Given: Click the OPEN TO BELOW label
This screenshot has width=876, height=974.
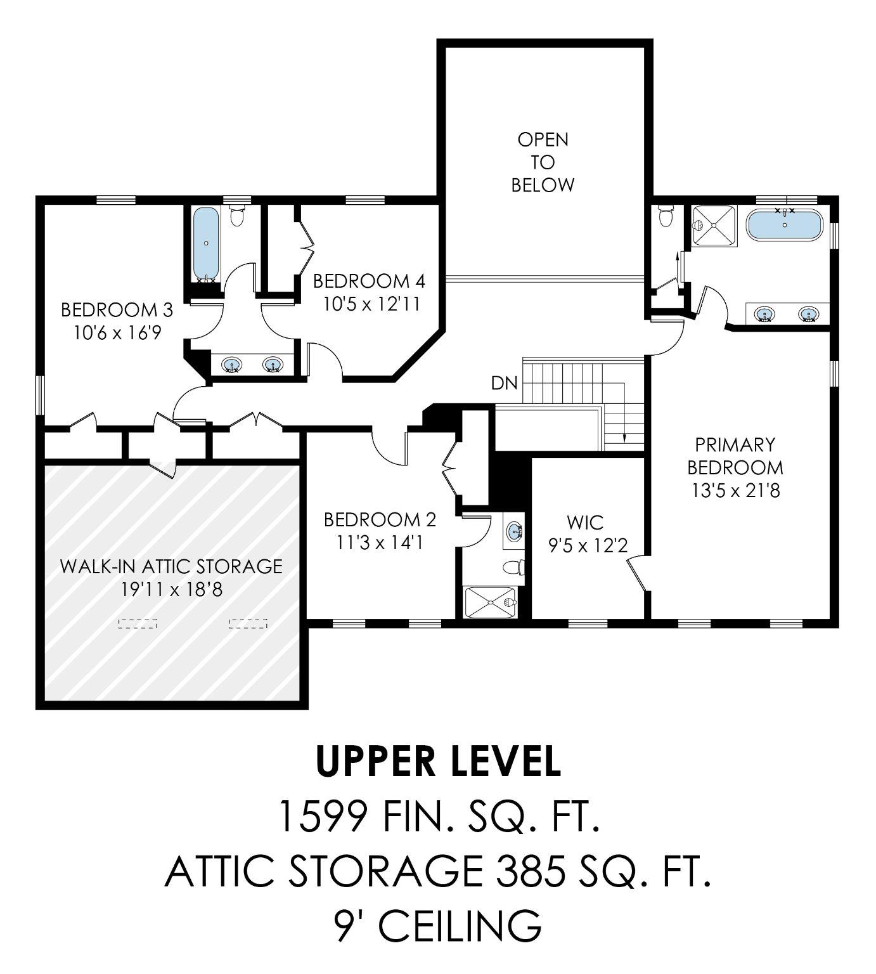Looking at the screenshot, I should pyautogui.click(x=543, y=162).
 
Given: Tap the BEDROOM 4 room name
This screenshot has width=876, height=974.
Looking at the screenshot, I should pyautogui.click(x=369, y=281).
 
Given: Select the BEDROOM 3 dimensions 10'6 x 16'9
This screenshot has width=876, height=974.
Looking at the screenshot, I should pyautogui.click(x=117, y=332).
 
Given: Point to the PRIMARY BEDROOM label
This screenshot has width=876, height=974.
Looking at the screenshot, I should pyautogui.click(x=735, y=455).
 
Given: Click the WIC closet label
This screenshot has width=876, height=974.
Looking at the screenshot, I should pyautogui.click(x=585, y=523).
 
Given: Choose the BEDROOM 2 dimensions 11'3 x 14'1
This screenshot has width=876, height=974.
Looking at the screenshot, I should pyautogui.click(x=380, y=543).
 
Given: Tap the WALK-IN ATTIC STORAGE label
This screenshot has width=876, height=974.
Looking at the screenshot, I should pyautogui.click(x=171, y=566).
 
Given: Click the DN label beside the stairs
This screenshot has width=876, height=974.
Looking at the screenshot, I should pyautogui.click(x=504, y=383).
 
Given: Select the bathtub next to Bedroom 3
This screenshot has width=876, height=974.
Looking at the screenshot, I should pyautogui.click(x=205, y=244).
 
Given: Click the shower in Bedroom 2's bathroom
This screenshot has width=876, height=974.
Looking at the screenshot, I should pyautogui.click(x=490, y=601).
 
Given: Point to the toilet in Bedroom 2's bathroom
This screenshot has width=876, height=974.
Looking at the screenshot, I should pyautogui.click(x=512, y=566).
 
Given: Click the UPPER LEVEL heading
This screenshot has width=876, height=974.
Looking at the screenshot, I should pyautogui.click(x=438, y=761).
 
